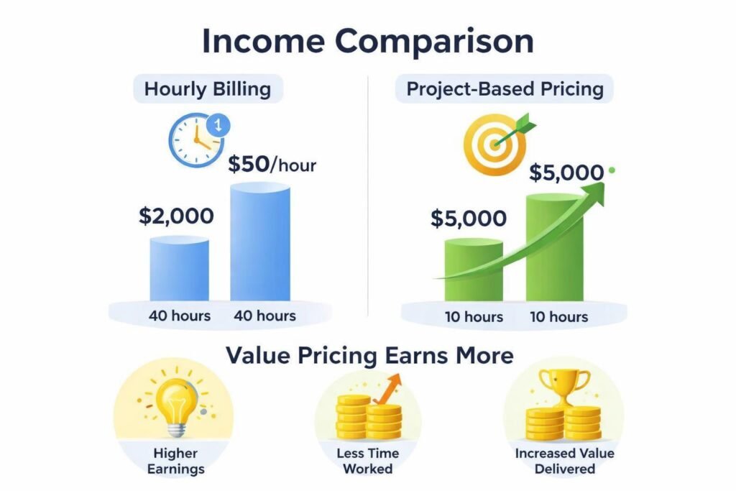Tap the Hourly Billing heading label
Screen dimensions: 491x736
pos(207,89)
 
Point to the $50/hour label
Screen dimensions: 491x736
pos(272,165)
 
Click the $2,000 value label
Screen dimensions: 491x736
pos(176,215)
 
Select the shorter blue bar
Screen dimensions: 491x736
pos(179,270)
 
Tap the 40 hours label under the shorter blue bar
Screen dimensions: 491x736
pos(180,316)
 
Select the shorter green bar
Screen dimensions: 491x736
pos(474,270)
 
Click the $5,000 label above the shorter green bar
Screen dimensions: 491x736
pos(468,219)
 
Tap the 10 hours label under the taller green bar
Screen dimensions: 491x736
pos(558,317)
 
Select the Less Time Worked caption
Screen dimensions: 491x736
pos(368,462)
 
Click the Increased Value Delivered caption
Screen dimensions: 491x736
pos(563,462)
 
